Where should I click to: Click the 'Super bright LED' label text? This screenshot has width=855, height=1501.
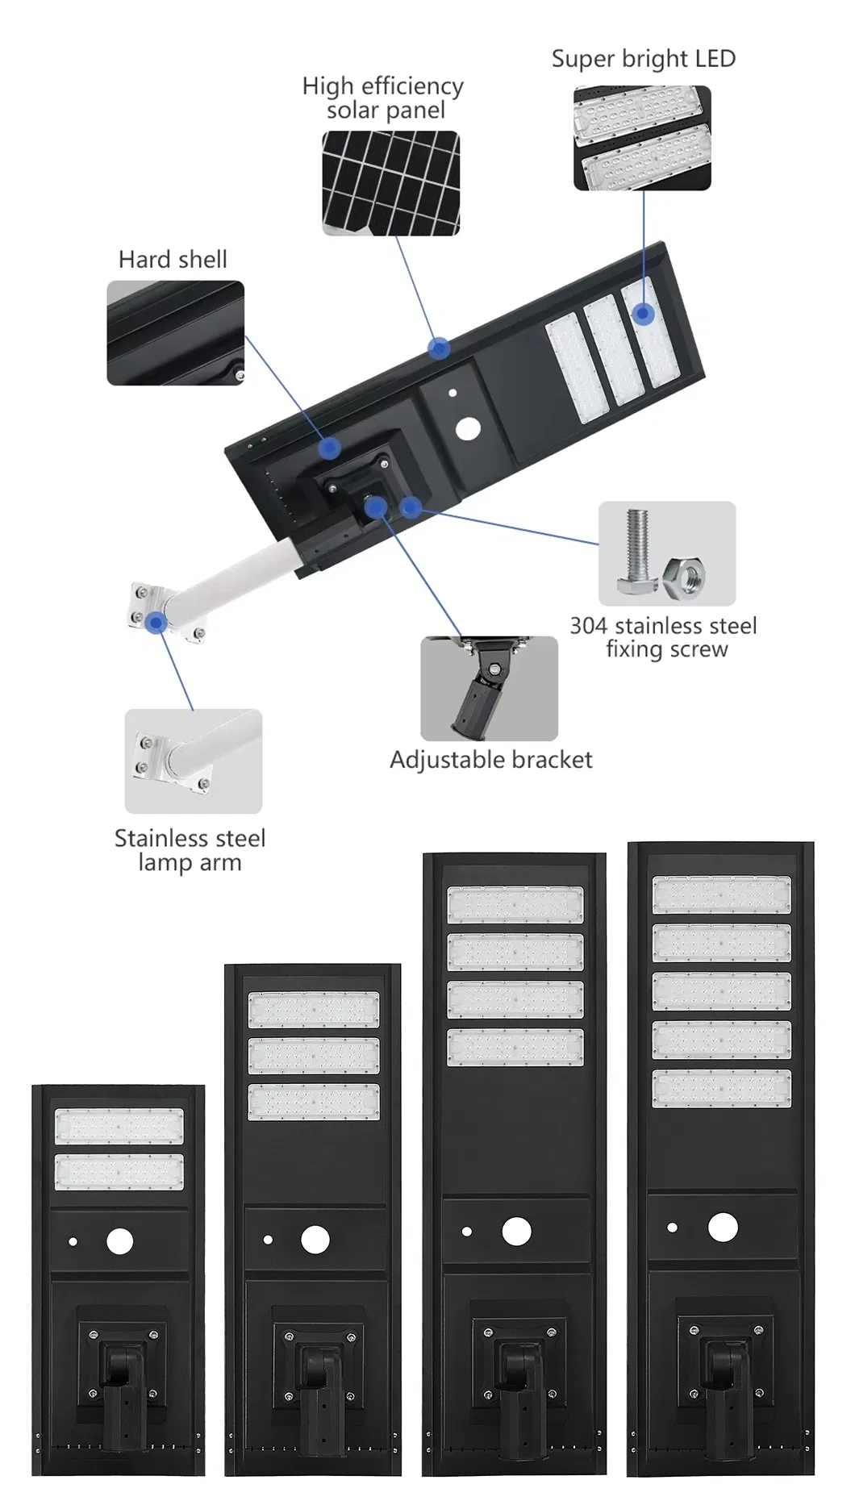[x=643, y=59]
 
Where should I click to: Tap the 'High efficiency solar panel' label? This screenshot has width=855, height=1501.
[x=383, y=98]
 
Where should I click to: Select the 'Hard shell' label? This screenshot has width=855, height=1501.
[x=173, y=260]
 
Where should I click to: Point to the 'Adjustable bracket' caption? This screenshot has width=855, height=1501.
[x=490, y=760]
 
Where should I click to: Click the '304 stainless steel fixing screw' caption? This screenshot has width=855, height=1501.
[x=664, y=637]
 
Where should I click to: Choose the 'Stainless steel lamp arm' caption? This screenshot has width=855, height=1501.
[x=190, y=850]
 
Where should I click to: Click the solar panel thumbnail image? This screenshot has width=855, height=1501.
[x=391, y=183]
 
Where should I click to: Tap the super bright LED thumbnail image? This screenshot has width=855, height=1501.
[x=642, y=138]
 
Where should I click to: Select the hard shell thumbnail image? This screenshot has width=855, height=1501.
[x=176, y=333]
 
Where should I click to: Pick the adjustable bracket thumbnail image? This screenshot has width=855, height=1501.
[x=489, y=688]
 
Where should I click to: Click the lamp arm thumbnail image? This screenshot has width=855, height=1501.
[x=194, y=761]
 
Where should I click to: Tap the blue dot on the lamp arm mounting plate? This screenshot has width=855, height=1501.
[x=156, y=622]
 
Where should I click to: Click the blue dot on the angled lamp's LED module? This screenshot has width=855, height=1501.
[x=643, y=313]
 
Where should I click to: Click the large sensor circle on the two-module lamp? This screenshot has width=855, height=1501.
[x=120, y=1241]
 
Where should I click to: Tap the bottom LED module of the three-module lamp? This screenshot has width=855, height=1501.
[x=313, y=1102]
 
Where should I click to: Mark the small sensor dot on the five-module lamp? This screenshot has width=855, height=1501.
[x=673, y=1228]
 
